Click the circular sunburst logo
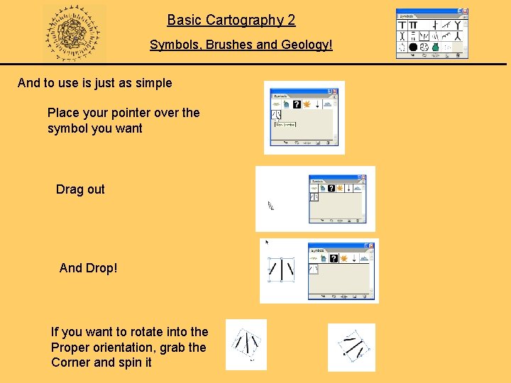click(73, 33)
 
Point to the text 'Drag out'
click(80, 189)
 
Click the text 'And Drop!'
click(89, 268)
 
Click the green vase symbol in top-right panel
click(436, 48)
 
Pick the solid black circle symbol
click(413, 48)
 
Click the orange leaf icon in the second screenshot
click(339, 187)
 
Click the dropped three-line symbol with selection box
click(281, 269)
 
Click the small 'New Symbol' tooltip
click(285, 124)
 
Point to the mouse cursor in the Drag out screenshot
click(270, 206)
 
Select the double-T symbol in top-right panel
click(413, 24)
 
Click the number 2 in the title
click(291, 20)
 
